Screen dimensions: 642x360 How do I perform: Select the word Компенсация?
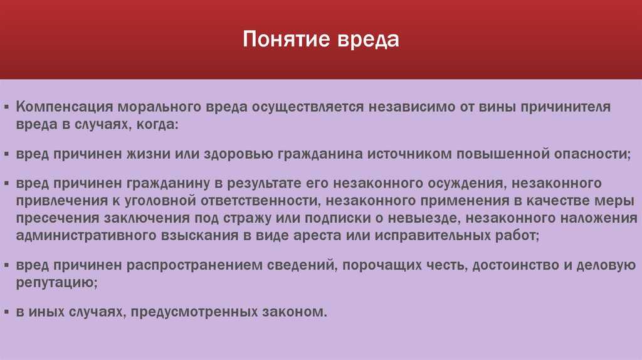click(x=65, y=107)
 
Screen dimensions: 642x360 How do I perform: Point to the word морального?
click(x=160, y=107)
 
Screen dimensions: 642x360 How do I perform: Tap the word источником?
click(x=409, y=154)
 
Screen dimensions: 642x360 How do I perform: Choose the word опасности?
click(x=592, y=154)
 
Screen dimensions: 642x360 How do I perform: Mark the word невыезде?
click(x=424, y=219)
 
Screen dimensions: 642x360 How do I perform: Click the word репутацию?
click(x=56, y=283)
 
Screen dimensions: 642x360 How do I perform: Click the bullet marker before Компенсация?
click(x=6, y=107)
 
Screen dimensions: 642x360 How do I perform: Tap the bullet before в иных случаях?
click(x=6, y=312)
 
